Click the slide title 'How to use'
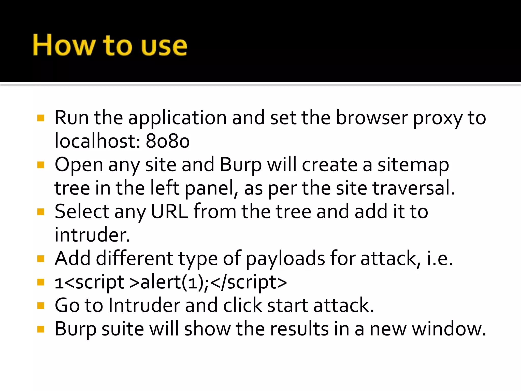click(x=110, y=45)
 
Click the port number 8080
click(x=168, y=141)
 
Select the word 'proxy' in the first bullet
click(x=438, y=118)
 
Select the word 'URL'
click(x=169, y=211)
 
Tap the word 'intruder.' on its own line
click(x=92, y=235)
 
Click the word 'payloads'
click(x=285, y=259)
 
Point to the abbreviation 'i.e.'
click(x=440, y=258)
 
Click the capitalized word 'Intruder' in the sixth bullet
click(x=144, y=305)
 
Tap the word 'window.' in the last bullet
click(x=449, y=329)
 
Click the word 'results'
click(x=299, y=329)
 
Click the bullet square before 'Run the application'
click(x=41, y=118)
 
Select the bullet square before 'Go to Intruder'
click(x=41, y=305)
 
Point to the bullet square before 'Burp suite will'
click(x=41, y=329)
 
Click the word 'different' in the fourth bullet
click(x=135, y=258)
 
